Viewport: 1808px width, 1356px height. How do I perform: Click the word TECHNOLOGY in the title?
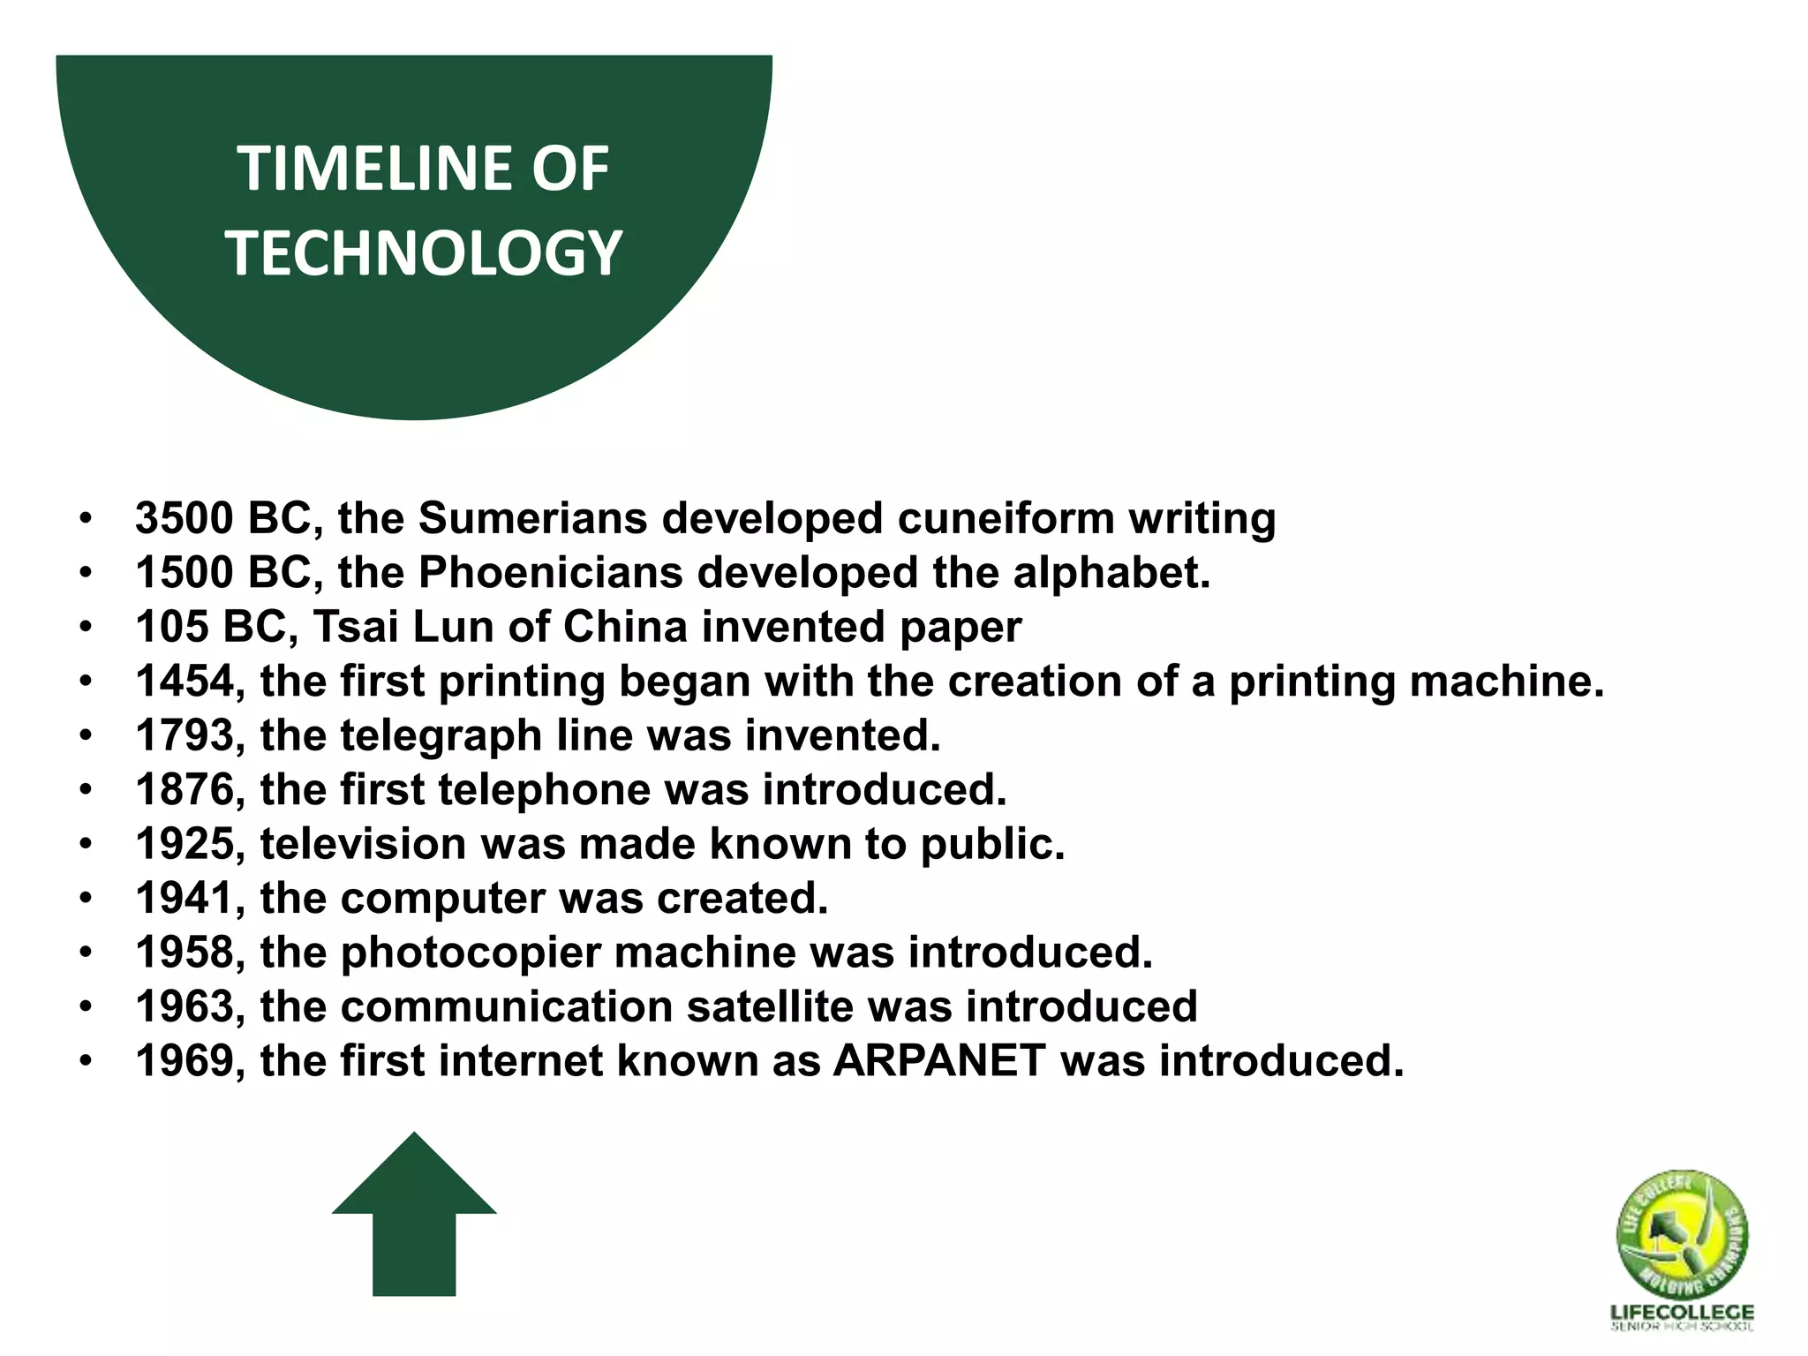(424, 253)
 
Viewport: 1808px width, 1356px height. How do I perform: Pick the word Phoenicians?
(550, 573)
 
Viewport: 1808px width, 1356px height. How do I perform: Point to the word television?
(362, 845)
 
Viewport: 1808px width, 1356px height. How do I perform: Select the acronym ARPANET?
(939, 1062)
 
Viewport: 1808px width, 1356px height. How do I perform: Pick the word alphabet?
(1111, 573)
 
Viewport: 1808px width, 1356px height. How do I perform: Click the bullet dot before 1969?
(85, 1062)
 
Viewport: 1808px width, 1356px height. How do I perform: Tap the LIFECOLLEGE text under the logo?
(1682, 1313)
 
